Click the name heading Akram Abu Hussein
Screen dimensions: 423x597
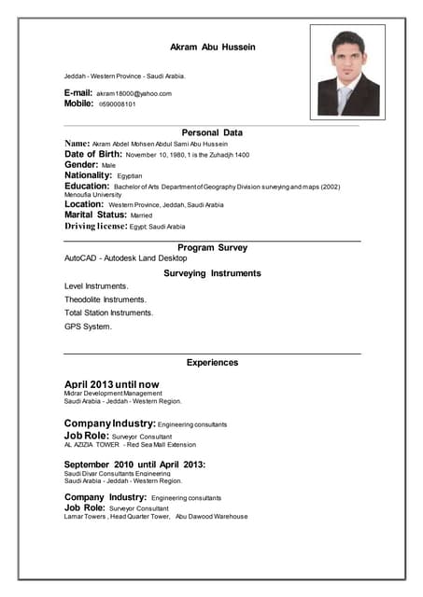point(212,46)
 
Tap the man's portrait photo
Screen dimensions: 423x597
point(347,72)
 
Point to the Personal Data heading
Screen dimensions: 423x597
point(212,132)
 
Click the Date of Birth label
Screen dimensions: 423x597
point(99,154)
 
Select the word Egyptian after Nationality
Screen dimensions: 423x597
point(130,175)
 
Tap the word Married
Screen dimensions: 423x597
point(135,215)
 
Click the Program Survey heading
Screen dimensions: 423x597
point(212,247)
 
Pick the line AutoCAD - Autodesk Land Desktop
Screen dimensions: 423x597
point(125,257)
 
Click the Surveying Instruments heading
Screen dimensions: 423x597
point(212,273)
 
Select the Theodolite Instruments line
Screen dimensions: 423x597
point(106,299)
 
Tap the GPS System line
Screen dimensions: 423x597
point(88,327)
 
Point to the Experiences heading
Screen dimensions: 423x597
point(212,362)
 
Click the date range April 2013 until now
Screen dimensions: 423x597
point(111,384)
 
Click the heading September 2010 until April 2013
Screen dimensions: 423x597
point(134,465)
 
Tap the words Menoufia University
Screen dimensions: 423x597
point(92,194)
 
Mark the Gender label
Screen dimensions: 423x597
point(81,164)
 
